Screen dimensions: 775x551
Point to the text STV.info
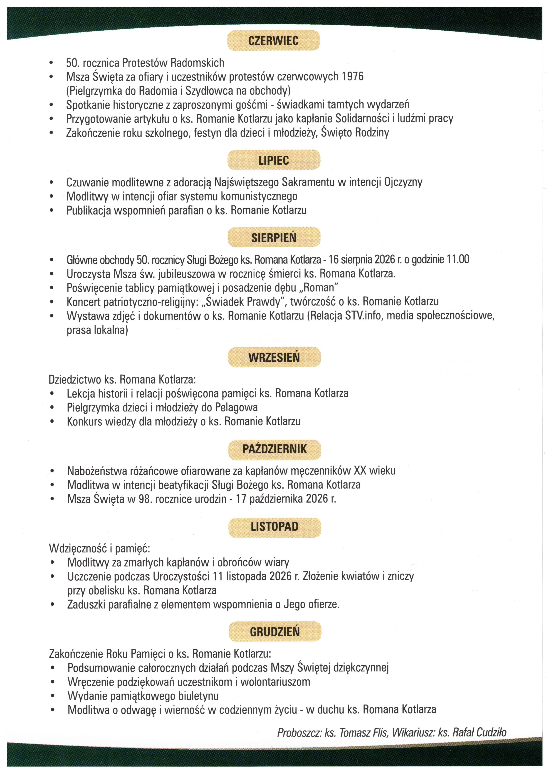pos(364,316)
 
